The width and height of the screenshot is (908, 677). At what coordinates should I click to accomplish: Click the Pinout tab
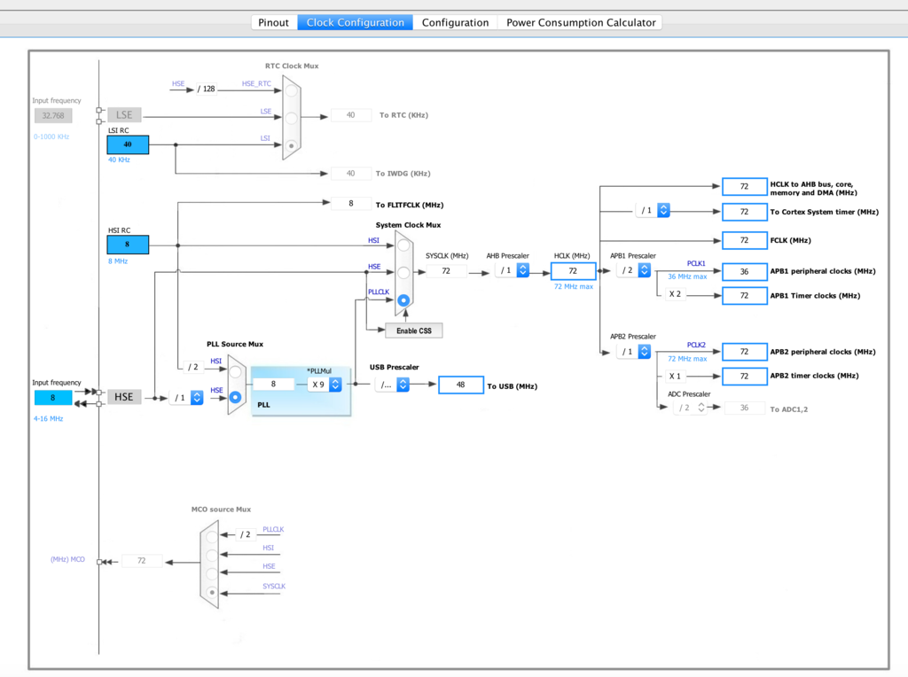[x=273, y=22]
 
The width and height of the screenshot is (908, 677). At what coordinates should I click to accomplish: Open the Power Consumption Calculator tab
[x=581, y=22]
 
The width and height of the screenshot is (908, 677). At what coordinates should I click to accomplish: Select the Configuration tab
[x=455, y=22]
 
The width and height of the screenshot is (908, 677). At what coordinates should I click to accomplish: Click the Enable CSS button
[x=414, y=331]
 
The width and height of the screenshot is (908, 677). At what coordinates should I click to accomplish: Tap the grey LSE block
[x=124, y=114]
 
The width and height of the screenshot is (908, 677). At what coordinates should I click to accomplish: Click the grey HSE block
[x=124, y=397]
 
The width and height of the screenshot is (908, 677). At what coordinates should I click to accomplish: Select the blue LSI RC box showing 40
[x=128, y=144]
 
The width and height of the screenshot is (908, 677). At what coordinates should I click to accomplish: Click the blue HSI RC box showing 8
[x=128, y=245]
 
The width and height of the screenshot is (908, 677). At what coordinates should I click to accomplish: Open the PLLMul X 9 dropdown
[x=325, y=385]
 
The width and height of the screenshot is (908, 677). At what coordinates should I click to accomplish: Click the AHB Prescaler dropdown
[x=512, y=270]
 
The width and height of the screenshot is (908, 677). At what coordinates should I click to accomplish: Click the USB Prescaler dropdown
[x=393, y=385]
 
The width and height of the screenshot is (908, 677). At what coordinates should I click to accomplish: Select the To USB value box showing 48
[x=461, y=385]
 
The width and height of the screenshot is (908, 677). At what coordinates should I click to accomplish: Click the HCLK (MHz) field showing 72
[x=574, y=271]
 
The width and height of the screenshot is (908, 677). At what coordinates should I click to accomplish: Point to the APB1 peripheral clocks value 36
[x=745, y=271]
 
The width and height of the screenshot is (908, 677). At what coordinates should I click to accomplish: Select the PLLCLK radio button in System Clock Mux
[x=403, y=300]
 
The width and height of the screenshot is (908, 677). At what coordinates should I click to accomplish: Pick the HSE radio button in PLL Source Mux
[x=235, y=397]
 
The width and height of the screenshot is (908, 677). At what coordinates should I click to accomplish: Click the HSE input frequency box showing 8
[x=53, y=398]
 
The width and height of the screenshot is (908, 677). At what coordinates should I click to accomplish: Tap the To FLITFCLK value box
[x=351, y=204]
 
